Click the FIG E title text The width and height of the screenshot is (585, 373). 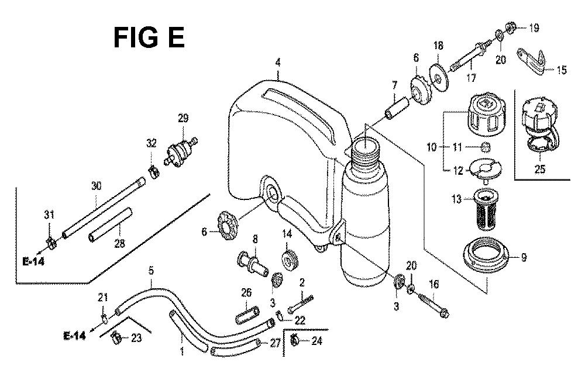(149, 37)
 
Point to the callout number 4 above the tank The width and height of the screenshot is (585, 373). (278, 63)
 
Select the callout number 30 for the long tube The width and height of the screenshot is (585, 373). (97, 185)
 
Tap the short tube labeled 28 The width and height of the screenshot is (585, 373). (111, 225)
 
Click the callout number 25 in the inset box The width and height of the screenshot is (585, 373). (539, 169)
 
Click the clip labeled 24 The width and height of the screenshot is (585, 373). (295, 340)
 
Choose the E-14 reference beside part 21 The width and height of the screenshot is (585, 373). (75, 336)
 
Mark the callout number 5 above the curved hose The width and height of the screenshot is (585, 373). (151, 271)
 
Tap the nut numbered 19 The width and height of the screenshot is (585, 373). (510, 27)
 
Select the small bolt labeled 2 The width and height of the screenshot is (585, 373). (300, 304)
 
